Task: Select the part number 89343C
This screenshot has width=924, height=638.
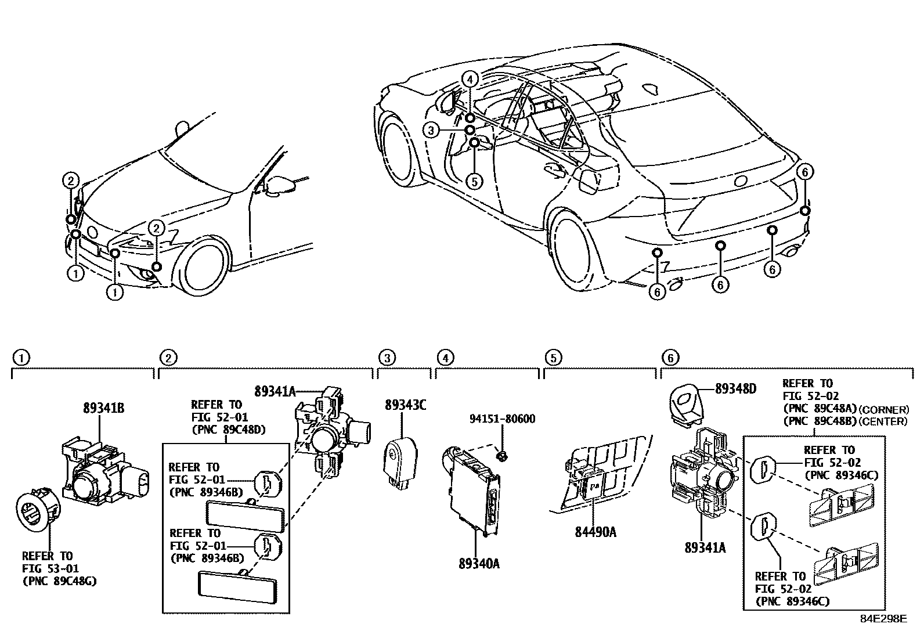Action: coord(405,405)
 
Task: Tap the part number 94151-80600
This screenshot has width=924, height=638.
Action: coord(503,419)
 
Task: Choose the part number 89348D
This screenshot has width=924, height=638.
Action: coord(735,388)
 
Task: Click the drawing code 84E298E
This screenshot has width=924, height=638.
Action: coord(883,619)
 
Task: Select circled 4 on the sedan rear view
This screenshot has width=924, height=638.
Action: coord(470,78)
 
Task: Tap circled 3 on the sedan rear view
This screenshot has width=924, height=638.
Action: coord(430,131)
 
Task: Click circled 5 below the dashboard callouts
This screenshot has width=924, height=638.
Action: coord(474,181)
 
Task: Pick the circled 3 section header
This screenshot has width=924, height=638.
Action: coord(387,358)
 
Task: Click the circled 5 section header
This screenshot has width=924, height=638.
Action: coord(553,358)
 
